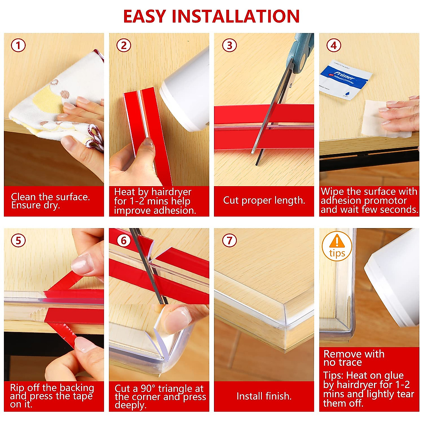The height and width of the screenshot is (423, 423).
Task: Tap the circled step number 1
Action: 18,45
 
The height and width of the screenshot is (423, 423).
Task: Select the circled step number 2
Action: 124,45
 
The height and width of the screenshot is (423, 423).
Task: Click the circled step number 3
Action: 229,45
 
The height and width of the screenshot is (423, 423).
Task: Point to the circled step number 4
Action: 333,45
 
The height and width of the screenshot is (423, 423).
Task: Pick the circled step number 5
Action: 18,240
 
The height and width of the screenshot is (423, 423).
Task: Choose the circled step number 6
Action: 124,240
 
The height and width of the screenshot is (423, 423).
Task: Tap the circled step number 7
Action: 229,240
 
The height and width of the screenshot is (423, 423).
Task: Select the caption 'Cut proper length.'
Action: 264,201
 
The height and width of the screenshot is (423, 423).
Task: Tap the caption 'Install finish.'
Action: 264,396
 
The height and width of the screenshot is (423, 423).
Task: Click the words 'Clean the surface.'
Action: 50,197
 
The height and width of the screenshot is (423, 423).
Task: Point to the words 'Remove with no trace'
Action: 354,358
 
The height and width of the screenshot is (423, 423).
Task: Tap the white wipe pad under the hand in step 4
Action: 374,118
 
